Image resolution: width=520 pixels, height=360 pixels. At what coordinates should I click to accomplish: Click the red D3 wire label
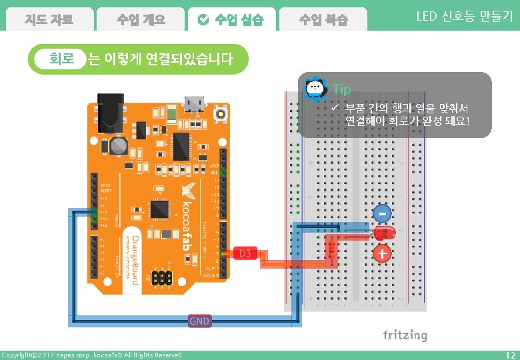tap(245, 253)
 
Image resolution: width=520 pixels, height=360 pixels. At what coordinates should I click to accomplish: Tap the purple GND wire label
tap(199, 321)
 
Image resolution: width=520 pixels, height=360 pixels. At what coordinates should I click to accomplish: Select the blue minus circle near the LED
tap(382, 213)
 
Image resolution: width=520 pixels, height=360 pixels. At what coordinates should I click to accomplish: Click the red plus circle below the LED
tap(382, 254)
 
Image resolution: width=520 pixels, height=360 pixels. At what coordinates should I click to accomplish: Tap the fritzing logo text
tap(405, 335)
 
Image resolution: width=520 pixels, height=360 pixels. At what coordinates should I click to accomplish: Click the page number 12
tap(511, 355)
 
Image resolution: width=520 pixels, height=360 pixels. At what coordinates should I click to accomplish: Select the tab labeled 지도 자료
tap(49, 19)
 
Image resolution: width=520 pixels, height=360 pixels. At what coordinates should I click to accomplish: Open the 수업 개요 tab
tap(140, 19)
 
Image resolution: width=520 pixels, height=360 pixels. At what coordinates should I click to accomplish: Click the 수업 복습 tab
tap(323, 19)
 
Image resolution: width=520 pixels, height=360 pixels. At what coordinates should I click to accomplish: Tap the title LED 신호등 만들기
tap(464, 17)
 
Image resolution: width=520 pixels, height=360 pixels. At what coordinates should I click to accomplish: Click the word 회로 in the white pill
tap(62, 59)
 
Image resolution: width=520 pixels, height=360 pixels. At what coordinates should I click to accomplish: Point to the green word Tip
tap(341, 89)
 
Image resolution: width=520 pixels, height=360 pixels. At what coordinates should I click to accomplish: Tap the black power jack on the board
tap(111, 110)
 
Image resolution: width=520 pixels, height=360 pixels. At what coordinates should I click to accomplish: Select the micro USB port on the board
tap(195, 103)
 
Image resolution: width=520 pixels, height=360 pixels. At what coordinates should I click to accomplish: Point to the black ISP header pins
tap(161, 275)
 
